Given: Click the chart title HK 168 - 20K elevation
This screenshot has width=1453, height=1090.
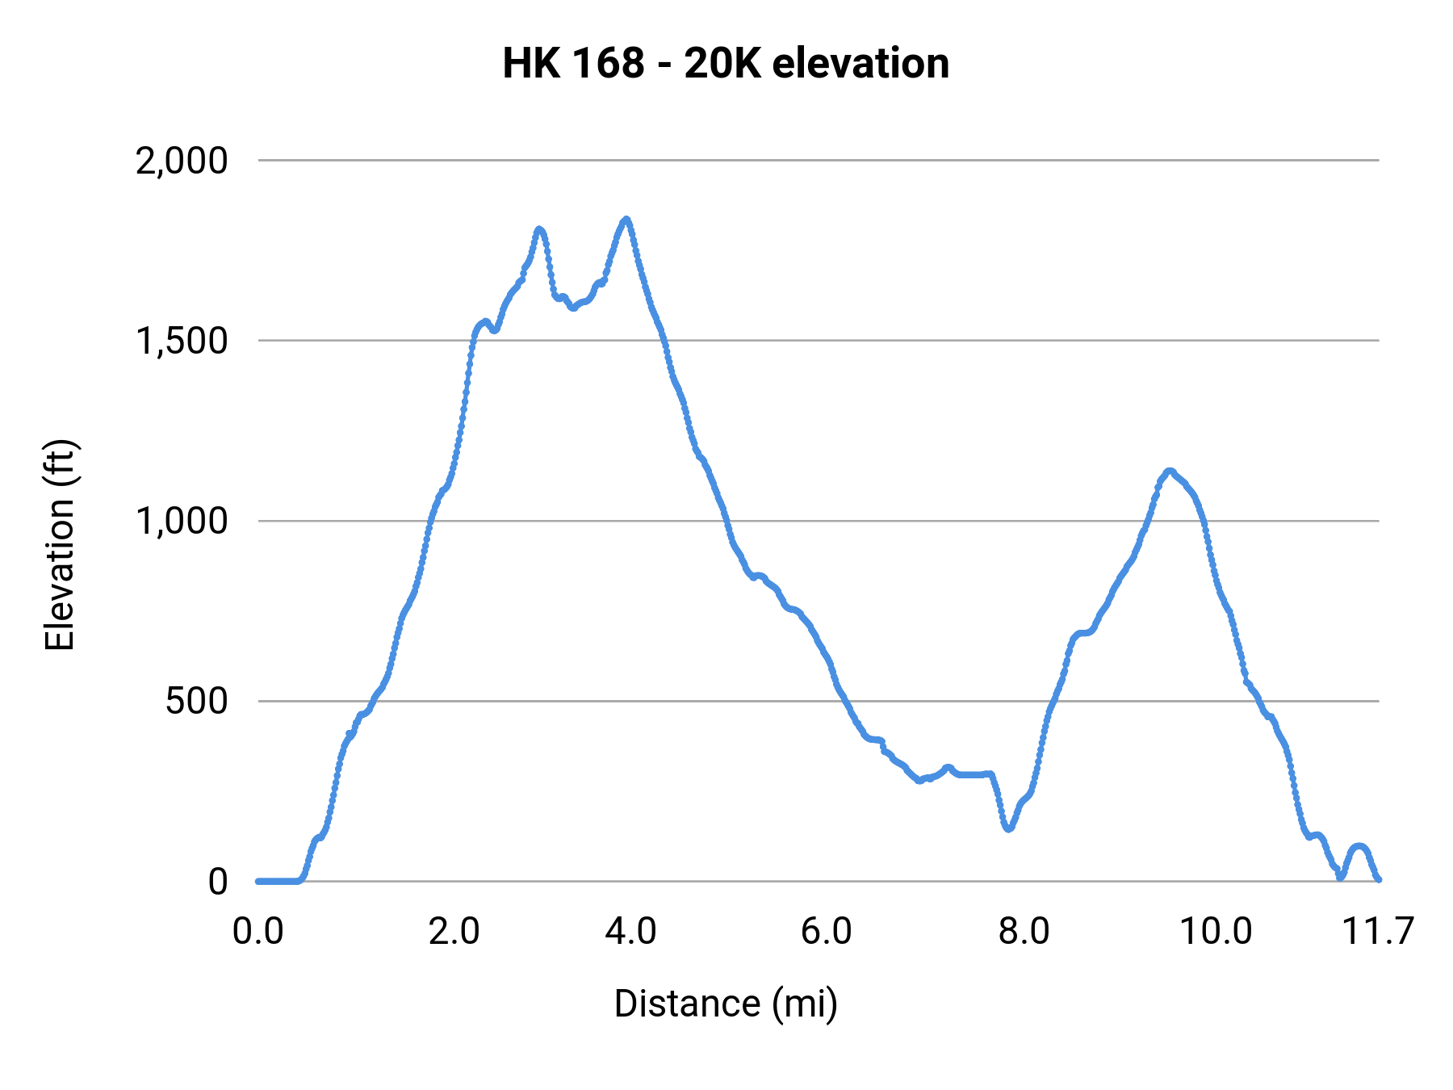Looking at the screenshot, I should pyautogui.click(x=726, y=64).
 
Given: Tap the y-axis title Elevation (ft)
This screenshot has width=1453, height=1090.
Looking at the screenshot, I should pyautogui.click(x=60, y=545).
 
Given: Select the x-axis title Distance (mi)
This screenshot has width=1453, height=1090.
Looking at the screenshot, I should pyautogui.click(x=726, y=1004).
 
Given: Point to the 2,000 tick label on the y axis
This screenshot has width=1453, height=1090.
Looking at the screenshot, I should pyautogui.click(x=182, y=161).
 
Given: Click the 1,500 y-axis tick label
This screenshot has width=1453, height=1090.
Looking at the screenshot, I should pyautogui.click(x=182, y=342).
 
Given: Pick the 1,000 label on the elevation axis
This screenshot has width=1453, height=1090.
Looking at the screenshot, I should pyautogui.click(x=182, y=522).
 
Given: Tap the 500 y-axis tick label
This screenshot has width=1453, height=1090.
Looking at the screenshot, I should pyautogui.click(x=197, y=702).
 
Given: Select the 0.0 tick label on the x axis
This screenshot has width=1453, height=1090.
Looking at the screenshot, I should pyautogui.click(x=258, y=932).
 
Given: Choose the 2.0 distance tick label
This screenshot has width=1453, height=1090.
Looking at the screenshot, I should pyautogui.click(x=454, y=932).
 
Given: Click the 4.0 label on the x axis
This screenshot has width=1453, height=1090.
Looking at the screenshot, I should pyautogui.click(x=630, y=932).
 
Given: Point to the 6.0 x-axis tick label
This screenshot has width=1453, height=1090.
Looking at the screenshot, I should pyautogui.click(x=827, y=932).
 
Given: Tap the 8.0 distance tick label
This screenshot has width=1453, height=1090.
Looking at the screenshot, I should pyautogui.click(x=1024, y=932).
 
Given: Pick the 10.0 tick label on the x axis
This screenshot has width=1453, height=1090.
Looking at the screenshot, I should pyautogui.click(x=1216, y=932).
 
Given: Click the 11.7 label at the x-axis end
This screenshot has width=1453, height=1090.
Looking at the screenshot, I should pyautogui.click(x=1377, y=932).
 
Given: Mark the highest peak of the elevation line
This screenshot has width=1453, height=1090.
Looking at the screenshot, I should pyautogui.click(x=626, y=220).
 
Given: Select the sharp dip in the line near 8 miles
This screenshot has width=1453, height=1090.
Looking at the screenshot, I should pyautogui.click(x=1008, y=828).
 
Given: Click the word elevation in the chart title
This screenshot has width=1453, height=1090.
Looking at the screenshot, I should pyautogui.click(x=860, y=64).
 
